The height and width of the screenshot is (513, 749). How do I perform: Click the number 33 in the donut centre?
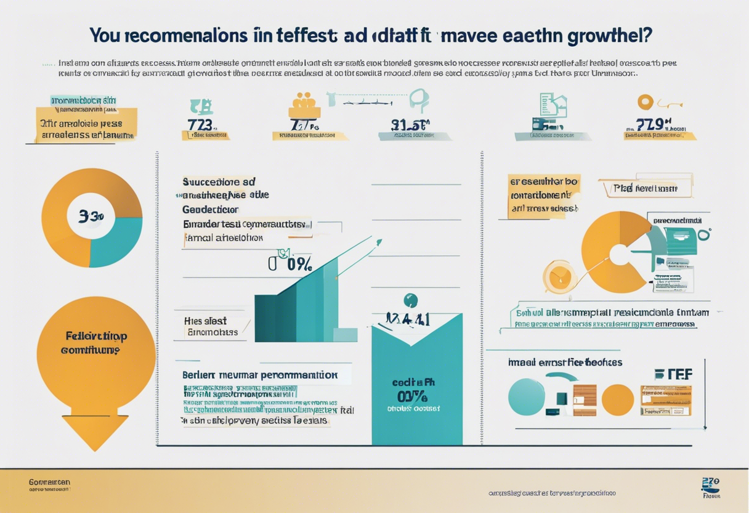(91, 216)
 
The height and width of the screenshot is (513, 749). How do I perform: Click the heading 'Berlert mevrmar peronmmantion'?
(260, 374)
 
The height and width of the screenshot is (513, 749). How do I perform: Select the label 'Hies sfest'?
(205, 321)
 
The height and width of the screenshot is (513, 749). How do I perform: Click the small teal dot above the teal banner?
(410, 300)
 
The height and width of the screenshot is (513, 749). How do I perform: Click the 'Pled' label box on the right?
(645, 189)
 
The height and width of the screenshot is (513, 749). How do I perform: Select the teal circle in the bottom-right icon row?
(527, 397)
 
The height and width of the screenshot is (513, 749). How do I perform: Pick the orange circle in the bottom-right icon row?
(617, 400)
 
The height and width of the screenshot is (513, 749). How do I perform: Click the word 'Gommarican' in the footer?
(49, 482)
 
